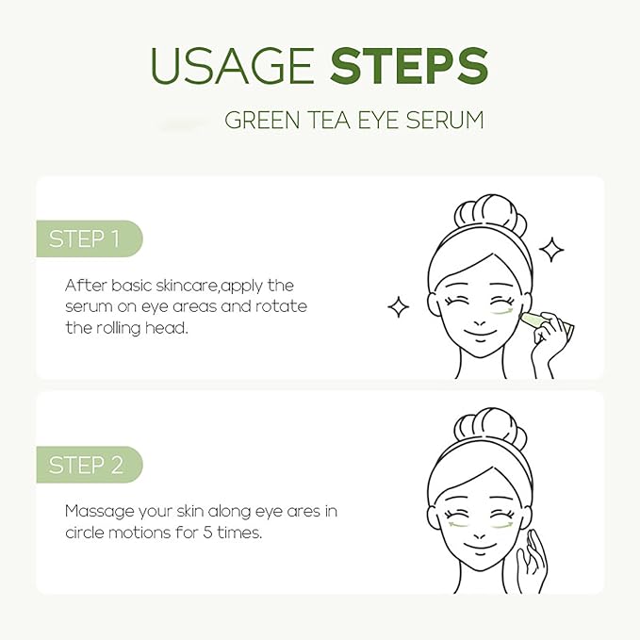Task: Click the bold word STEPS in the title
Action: (409, 66)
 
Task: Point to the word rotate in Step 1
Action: (285, 307)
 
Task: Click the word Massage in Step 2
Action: (98, 511)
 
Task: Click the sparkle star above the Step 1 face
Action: (550, 250)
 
